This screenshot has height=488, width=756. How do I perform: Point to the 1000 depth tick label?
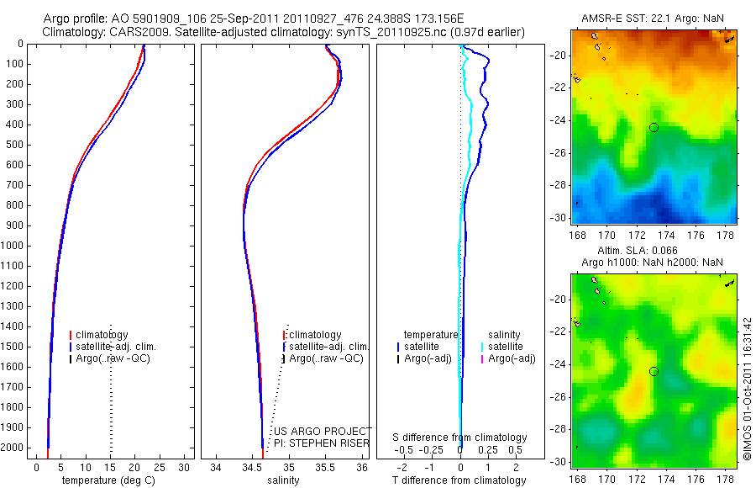(x=13, y=246)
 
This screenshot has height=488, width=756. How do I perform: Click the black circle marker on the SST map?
(x=654, y=127)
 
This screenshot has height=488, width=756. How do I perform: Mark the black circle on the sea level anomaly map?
(x=654, y=371)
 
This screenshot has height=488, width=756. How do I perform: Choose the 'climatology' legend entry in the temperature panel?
(x=102, y=335)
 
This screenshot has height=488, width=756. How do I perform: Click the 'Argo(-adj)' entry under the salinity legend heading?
(x=512, y=359)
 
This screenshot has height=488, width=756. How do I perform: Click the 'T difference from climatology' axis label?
(x=459, y=480)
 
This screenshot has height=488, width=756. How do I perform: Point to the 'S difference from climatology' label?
(x=459, y=438)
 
